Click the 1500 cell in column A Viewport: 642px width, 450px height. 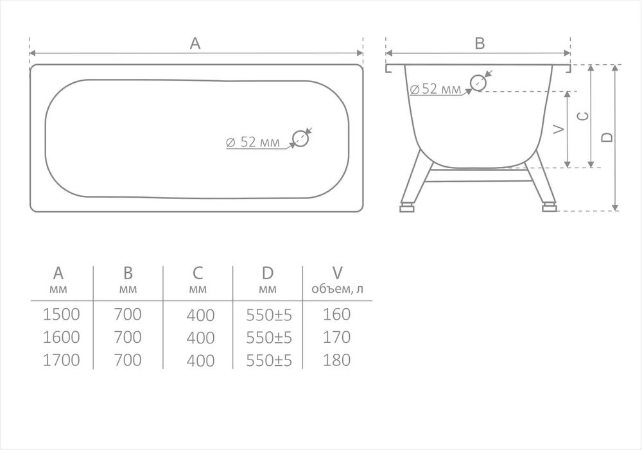click(61, 315)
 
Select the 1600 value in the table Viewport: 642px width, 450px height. click(61, 338)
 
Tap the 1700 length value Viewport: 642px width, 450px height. click(61, 360)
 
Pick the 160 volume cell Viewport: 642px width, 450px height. click(336, 315)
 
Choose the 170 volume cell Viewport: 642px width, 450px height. click(336, 338)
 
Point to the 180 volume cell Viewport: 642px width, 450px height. click(336, 360)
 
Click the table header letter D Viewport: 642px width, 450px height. click(267, 273)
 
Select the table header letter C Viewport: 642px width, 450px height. click(197, 273)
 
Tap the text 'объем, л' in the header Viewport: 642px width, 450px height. click(337, 289)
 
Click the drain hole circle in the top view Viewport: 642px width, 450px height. click(300, 139)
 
